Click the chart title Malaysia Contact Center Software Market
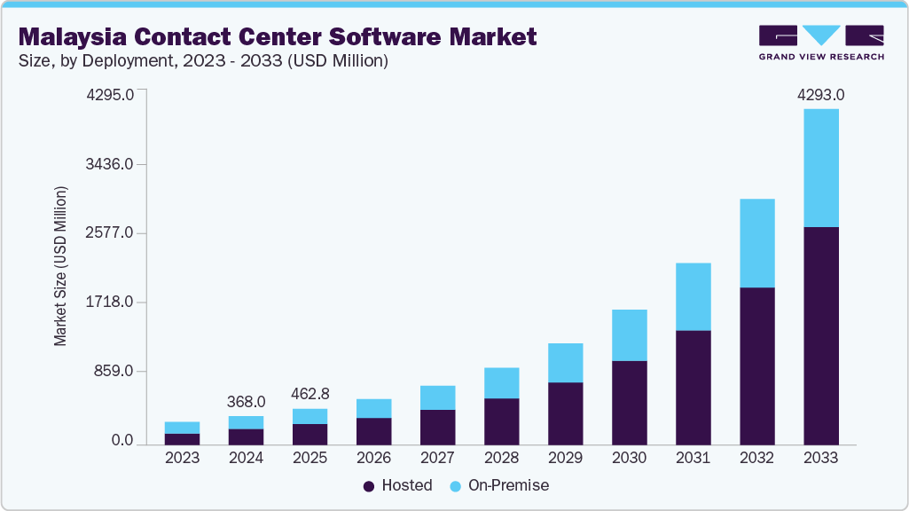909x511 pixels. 278,36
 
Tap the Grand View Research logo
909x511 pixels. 821,43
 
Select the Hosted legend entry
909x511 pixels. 398,485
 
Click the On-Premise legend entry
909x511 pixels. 500,485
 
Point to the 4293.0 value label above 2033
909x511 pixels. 820,95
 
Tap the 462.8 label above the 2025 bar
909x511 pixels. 310,394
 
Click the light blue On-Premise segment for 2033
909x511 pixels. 820,168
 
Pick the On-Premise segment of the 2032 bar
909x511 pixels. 756,243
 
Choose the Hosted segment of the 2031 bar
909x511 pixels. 693,387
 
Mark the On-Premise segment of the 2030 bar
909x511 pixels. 629,335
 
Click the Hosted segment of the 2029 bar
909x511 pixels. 565,413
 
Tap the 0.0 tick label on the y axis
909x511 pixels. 122,441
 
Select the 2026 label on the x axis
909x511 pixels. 373,459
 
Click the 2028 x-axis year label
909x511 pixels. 501,459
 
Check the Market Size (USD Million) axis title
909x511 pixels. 60,266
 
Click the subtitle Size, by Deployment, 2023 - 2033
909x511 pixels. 203,61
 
